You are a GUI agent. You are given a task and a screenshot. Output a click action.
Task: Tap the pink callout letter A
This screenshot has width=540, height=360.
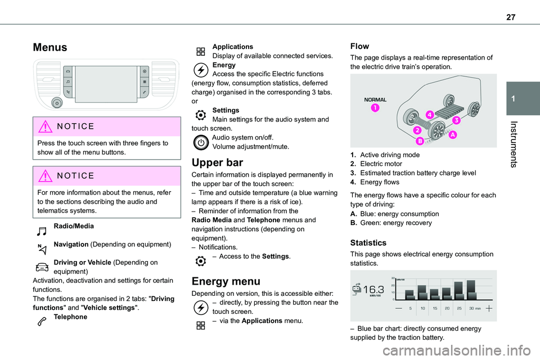453,135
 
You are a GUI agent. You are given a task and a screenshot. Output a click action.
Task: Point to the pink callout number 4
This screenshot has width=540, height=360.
429,115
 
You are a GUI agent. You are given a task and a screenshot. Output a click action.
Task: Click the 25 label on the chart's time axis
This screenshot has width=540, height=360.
460,309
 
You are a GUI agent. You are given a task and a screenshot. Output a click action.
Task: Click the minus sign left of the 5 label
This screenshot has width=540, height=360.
398,309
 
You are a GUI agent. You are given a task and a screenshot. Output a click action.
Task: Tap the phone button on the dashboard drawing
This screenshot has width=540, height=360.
145,91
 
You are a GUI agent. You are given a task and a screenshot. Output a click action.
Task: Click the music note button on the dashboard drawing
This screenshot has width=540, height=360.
67,81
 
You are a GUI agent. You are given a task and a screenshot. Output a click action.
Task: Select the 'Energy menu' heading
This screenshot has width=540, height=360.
226,282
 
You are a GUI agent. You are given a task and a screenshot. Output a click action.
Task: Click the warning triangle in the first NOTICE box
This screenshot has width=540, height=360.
45,127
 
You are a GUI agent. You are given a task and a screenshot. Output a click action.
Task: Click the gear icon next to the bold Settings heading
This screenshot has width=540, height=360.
200,114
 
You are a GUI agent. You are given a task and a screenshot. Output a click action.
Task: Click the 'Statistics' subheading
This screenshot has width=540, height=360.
368,243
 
